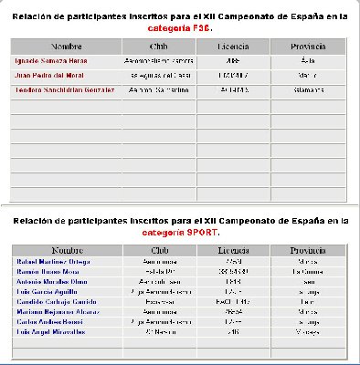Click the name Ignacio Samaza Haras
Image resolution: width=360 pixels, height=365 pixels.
(x=50, y=60)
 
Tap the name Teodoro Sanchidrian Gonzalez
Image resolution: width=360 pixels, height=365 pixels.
(x=61, y=89)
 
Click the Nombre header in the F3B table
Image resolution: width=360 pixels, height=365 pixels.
(x=67, y=45)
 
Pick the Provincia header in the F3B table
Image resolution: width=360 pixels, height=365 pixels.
(x=308, y=45)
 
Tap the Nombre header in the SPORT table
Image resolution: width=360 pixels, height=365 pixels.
(x=67, y=249)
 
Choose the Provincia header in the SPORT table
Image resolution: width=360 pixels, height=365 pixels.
(x=308, y=249)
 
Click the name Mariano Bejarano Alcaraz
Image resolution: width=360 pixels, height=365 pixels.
(x=53, y=311)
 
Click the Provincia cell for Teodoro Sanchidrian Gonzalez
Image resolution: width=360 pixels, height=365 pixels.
(x=308, y=89)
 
